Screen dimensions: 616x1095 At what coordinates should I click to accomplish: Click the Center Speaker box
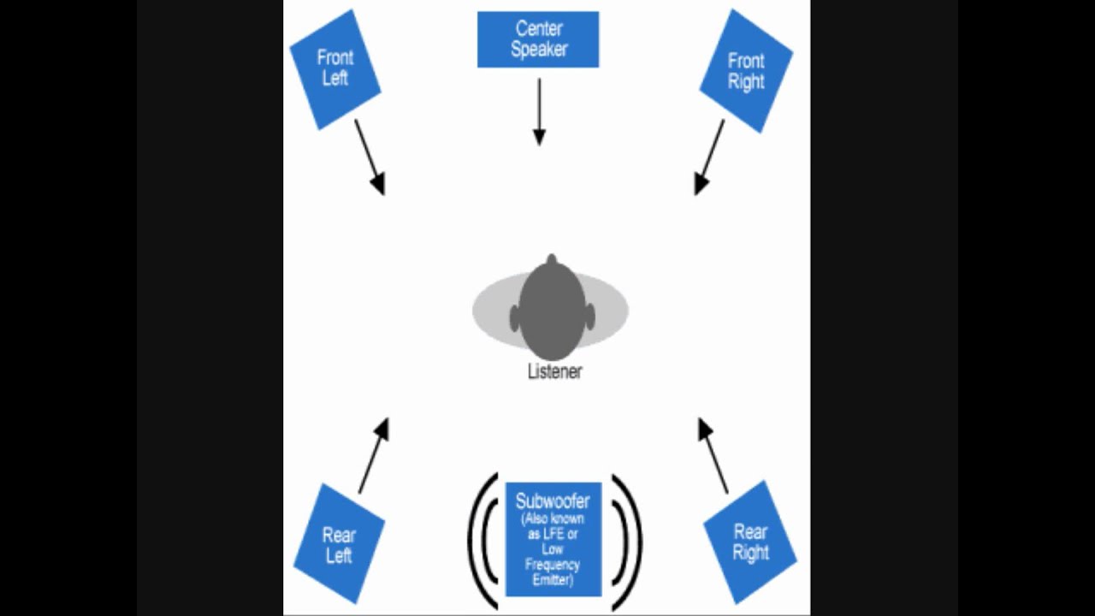tap(538, 39)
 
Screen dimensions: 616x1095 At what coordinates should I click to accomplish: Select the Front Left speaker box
tap(334, 69)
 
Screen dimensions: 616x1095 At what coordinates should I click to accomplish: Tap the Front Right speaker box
tap(746, 72)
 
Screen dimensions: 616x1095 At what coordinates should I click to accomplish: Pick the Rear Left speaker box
tap(339, 544)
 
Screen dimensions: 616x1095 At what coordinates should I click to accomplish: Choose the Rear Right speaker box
tap(750, 542)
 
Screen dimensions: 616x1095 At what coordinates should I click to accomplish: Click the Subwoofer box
tap(553, 539)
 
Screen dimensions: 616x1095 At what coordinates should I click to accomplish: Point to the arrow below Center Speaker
tap(539, 112)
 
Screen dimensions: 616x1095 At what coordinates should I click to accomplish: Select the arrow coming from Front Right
tap(709, 157)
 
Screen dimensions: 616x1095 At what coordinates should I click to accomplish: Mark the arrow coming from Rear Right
tap(713, 455)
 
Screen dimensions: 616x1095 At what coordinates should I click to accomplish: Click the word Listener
tap(554, 372)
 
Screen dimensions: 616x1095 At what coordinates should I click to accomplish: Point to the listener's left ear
tap(514, 319)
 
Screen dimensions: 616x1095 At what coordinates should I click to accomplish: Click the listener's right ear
tap(590, 319)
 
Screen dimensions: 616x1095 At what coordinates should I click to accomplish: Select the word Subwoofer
tap(553, 502)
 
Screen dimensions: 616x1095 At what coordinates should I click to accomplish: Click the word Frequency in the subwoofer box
tap(553, 565)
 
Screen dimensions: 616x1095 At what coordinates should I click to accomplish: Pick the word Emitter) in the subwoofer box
tap(553, 579)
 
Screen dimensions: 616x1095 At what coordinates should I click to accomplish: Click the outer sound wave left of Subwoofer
tap(471, 541)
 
